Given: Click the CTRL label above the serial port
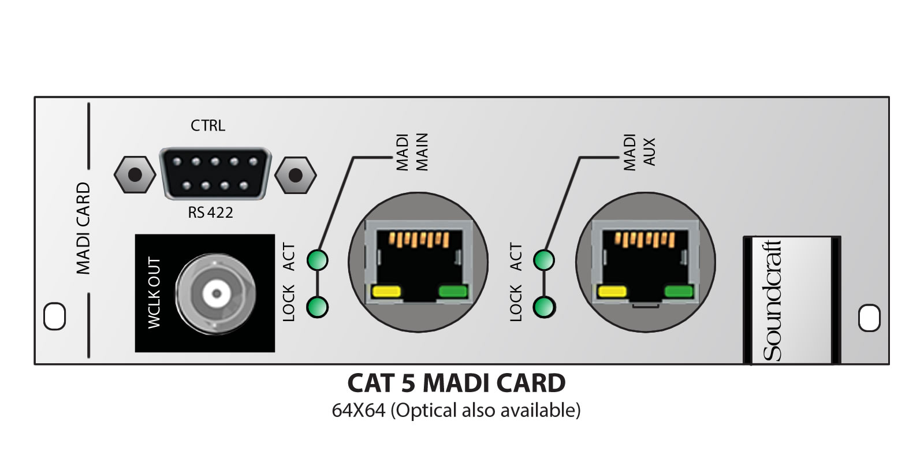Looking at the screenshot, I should click(208, 125).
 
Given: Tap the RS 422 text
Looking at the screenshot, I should click(211, 213).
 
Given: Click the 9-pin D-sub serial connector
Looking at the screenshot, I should click(215, 174).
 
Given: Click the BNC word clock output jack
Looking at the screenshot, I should click(216, 293).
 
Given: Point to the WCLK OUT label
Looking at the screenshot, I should click(154, 293).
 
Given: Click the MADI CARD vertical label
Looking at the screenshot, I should click(84, 228).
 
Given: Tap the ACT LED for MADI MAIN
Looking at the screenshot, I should click(318, 260).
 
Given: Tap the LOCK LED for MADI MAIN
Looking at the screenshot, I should click(318, 307).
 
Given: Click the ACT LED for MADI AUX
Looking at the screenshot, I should click(544, 260).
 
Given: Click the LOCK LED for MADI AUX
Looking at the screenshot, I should click(544, 307).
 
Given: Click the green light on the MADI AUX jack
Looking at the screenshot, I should click(678, 292).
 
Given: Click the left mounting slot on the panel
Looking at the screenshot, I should click(55, 316).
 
